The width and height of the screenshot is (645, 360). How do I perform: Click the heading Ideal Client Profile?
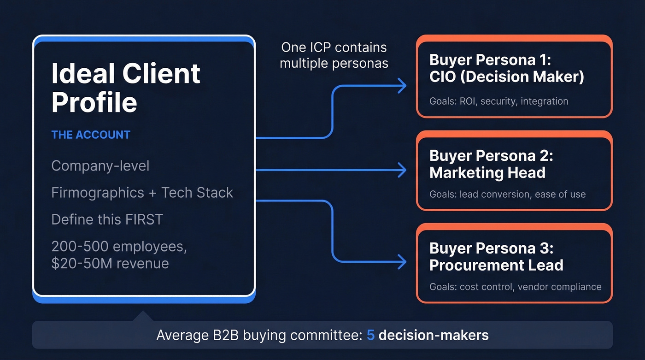click(x=126, y=88)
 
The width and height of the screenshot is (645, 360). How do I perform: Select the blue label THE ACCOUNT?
click(x=91, y=135)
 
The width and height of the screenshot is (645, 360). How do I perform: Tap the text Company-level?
click(x=100, y=166)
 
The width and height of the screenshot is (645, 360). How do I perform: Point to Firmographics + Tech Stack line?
click(x=142, y=193)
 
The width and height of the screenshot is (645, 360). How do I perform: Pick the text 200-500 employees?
click(x=119, y=247)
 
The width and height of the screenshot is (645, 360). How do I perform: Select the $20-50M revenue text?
click(x=110, y=263)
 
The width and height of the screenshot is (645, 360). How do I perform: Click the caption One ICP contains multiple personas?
click(x=334, y=55)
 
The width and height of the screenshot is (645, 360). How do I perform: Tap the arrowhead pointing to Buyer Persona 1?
click(x=402, y=85)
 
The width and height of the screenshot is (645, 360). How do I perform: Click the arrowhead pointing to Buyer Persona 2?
click(x=402, y=170)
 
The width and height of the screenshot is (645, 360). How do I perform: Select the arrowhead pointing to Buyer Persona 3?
click(x=402, y=262)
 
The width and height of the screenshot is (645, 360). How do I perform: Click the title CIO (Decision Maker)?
click(x=506, y=77)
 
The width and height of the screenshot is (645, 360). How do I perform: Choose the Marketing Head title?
click(x=487, y=173)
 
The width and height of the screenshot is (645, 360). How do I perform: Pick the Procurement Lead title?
click(x=496, y=265)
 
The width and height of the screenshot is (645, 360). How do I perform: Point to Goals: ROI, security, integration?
click(x=498, y=101)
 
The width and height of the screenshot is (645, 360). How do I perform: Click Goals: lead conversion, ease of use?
click(x=507, y=194)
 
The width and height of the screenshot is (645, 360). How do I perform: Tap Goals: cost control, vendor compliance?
click(x=515, y=287)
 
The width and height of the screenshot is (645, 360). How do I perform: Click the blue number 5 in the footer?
click(x=370, y=335)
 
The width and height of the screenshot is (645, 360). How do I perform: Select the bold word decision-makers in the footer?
click(x=434, y=335)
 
